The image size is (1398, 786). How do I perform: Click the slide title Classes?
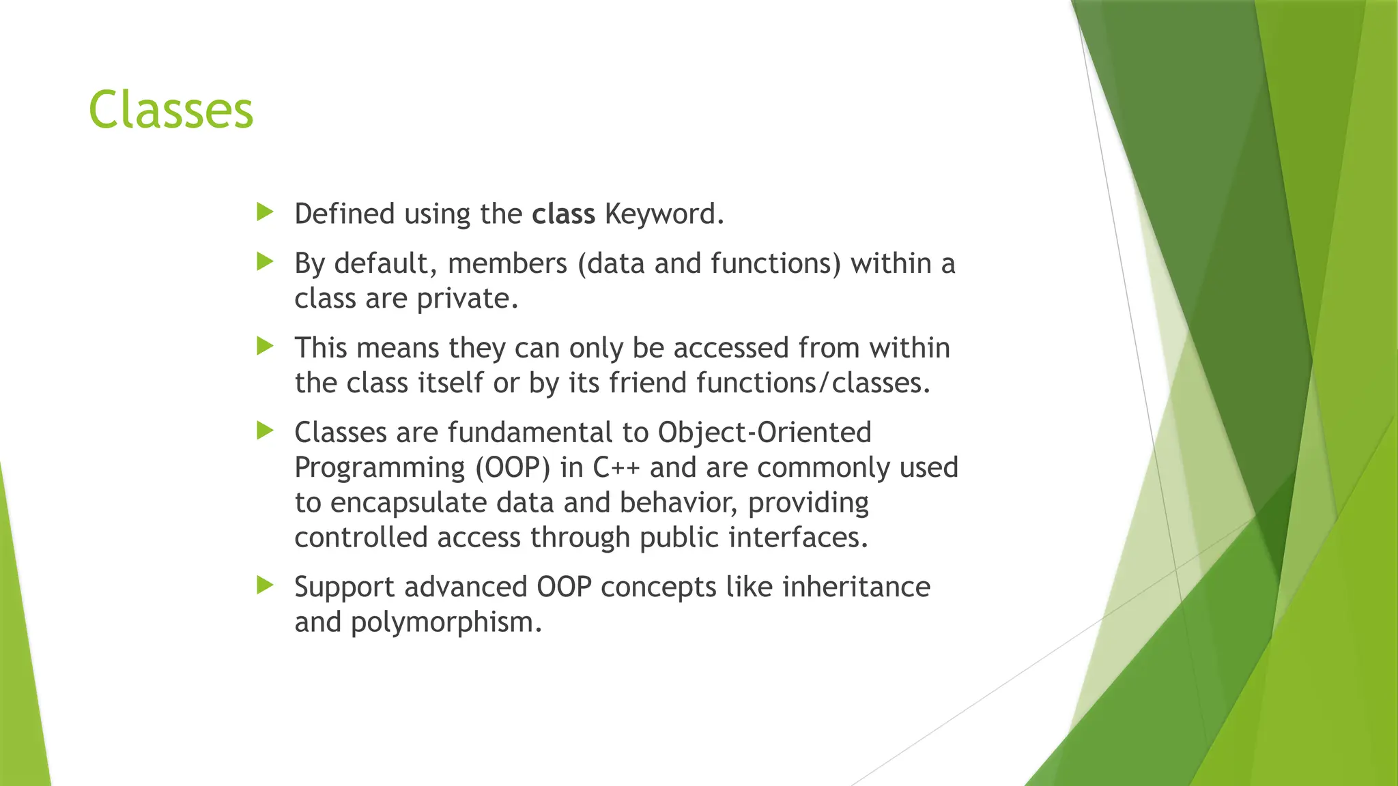(171, 111)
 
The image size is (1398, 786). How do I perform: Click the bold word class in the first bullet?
(563, 214)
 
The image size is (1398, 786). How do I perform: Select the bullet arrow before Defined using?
(265, 212)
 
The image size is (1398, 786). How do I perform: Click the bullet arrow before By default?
(265, 261)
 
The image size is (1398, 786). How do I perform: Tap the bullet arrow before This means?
(265, 346)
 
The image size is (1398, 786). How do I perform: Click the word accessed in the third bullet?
(731, 348)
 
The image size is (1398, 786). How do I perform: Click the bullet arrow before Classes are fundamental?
(265, 431)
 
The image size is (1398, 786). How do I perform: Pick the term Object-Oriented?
(765, 433)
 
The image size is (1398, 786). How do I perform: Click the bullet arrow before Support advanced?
(265, 585)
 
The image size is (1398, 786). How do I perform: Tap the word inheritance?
(855, 587)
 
